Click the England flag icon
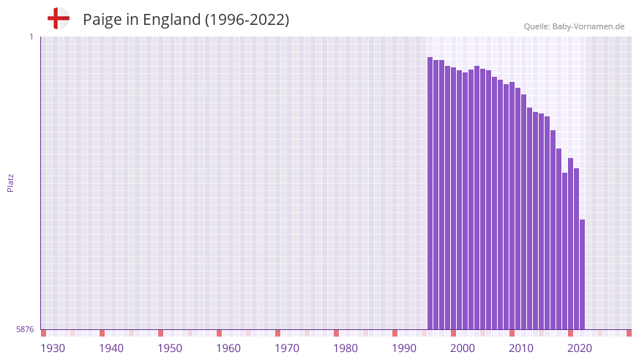coord(58,19)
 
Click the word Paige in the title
coord(102,20)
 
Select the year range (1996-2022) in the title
coord(247,20)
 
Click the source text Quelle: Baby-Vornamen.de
coord(574,26)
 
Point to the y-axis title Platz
coord(10,182)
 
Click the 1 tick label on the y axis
coord(31,37)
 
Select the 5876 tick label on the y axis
coord(25,330)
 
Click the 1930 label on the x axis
coord(53,348)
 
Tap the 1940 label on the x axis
coord(111,348)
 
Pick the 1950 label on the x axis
coord(170,348)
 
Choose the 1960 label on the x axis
coord(228,348)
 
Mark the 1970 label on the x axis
coord(287,348)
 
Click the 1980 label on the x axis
coord(345,348)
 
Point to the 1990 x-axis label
coord(404,348)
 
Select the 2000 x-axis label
coord(463,348)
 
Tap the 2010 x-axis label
coord(521,348)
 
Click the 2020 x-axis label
coord(580,348)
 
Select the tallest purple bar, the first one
coord(430,193)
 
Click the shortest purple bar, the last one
coord(583,274)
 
